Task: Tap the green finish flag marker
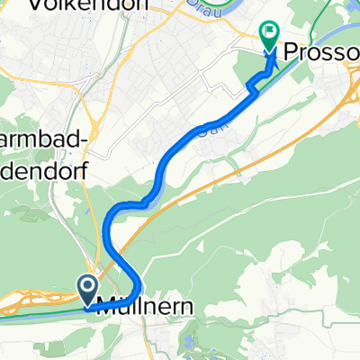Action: (269, 34)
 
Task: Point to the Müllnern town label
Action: (142, 305)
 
